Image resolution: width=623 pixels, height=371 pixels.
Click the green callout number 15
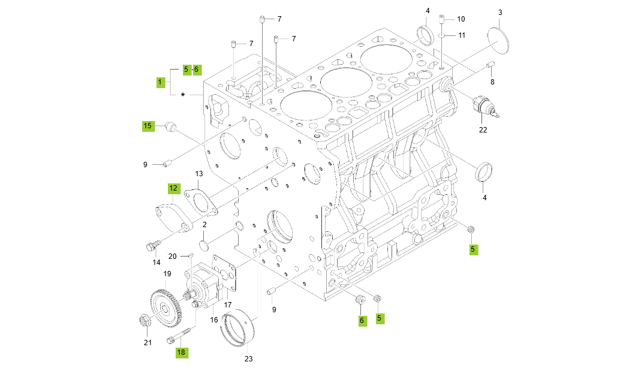tap(148, 125)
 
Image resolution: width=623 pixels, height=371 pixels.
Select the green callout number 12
tap(173, 188)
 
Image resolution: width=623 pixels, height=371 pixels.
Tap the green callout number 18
tap(181, 352)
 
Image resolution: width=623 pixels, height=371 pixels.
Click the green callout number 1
tap(160, 82)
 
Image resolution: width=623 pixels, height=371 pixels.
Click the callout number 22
tap(483, 129)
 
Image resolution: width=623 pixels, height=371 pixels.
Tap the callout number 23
tap(248, 359)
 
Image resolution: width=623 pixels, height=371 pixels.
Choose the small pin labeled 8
tap(490, 65)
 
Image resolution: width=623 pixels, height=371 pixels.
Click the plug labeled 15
tap(171, 126)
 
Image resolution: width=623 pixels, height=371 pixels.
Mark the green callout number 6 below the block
tap(362, 321)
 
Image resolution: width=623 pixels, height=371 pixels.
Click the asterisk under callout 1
tap(183, 95)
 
